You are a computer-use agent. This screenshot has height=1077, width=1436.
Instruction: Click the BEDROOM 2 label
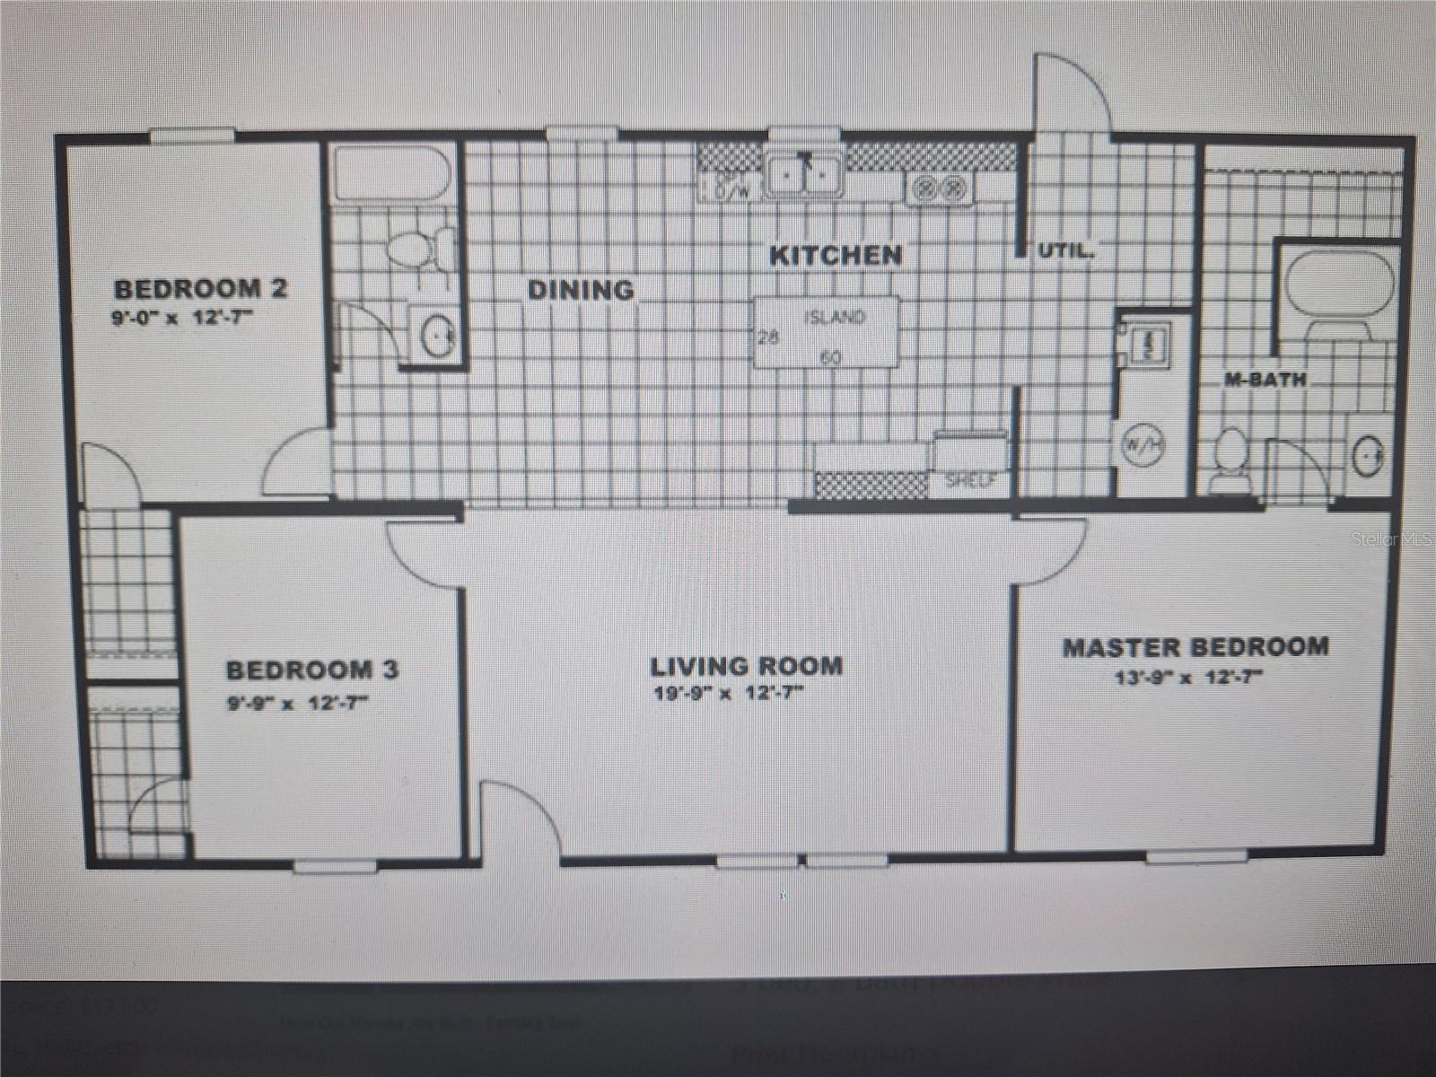pos(200,289)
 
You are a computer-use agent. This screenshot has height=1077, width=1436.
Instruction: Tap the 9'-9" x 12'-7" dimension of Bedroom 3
pos(297,704)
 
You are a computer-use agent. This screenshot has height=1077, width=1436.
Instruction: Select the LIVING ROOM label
pos(746,667)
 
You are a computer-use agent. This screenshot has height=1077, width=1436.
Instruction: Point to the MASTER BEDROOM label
pos(1195,647)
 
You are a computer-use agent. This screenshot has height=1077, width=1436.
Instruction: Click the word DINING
pos(580,290)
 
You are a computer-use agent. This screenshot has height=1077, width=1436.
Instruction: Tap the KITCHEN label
pos(836,256)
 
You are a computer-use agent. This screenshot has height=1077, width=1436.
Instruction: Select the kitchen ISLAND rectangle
pos(826,332)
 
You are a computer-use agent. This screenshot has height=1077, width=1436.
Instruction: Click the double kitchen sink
pos(804,177)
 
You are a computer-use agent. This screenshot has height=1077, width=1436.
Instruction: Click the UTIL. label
pos(1065,251)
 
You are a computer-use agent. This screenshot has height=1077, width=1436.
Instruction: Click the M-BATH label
pos(1265,380)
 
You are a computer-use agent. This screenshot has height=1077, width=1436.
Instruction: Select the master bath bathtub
pos(1339,283)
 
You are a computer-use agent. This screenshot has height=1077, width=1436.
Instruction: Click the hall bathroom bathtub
pos(392,174)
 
